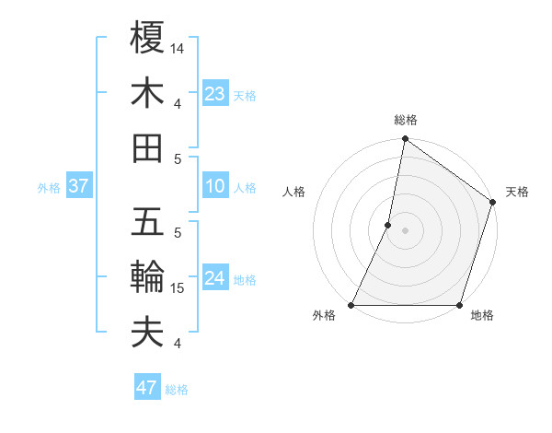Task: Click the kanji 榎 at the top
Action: point(148,38)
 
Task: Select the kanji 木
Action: point(148,93)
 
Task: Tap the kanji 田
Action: point(148,147)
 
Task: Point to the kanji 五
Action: point(148,222)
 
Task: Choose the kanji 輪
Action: point(148,276)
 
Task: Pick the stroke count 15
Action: point(178,288)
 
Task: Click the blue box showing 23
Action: point(215,93)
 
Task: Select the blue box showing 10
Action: point(215,186)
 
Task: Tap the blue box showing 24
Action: point(215,278)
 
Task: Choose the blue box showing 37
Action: point(78,186)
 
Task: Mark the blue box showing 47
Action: point(147,388)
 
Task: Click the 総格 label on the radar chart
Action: point(406,120)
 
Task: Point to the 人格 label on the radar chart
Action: point(294,192)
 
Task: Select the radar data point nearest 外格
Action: point(351,305)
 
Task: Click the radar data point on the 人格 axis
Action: point(388,225)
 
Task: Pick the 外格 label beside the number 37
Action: point(49,188)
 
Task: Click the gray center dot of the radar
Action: point(406,230)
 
